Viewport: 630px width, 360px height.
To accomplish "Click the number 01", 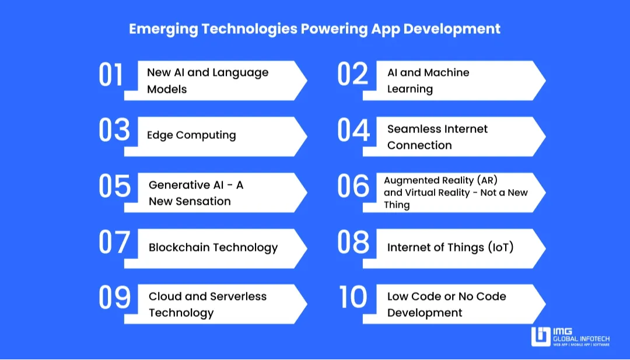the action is (110, 74).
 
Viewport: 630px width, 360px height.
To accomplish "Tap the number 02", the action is (352, 74).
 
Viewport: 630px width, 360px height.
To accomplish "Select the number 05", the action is (114, 186).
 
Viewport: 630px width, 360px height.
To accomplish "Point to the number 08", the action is (353, 242).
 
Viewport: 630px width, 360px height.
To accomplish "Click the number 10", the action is (353, 297).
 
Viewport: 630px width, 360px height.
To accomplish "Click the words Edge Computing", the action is (191, 135).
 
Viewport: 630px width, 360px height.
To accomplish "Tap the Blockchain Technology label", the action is (213, 247).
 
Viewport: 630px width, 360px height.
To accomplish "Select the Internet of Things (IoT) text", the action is (450, 247).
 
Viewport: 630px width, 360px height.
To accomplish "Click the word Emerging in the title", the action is (163, 29).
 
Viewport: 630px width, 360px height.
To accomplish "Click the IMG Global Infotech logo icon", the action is (540, 337).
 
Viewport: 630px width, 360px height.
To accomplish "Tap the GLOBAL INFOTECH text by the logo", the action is (581, 339).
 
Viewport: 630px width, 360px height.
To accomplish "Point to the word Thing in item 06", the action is (397, 205).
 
